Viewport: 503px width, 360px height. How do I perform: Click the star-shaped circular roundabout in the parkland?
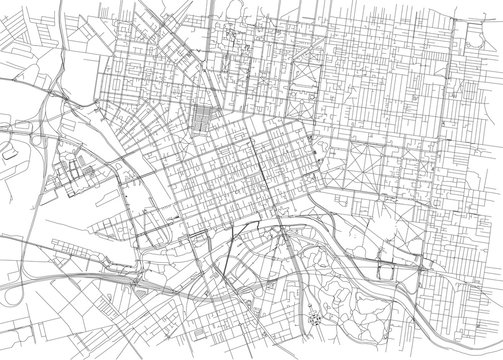(x=317, y=318)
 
